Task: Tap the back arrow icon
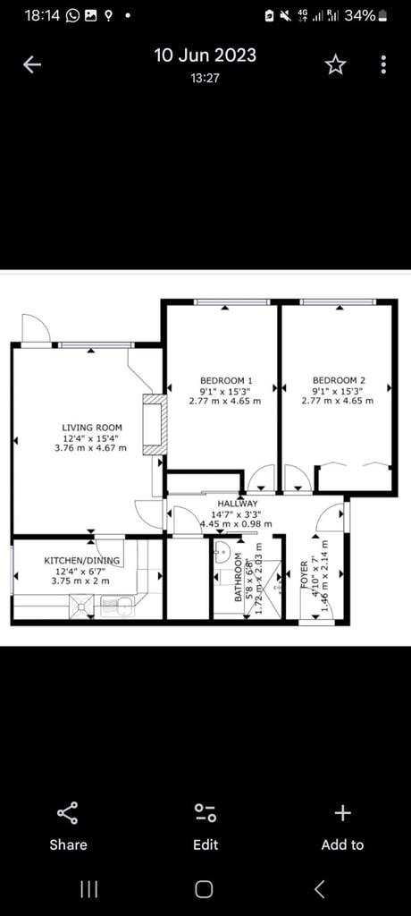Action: point(33,64)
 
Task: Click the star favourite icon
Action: point(335,64)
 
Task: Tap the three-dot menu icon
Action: point(383,64)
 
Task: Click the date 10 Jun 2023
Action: point(205,55)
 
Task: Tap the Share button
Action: point(68,827)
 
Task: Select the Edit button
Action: point(205,827)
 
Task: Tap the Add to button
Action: point(342,827)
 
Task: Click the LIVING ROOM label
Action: point(91,428)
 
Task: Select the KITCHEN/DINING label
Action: point(81,561)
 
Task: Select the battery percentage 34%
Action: point(360,15)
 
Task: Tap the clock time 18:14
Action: point(40,15)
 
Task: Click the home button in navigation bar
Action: point(205,888)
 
